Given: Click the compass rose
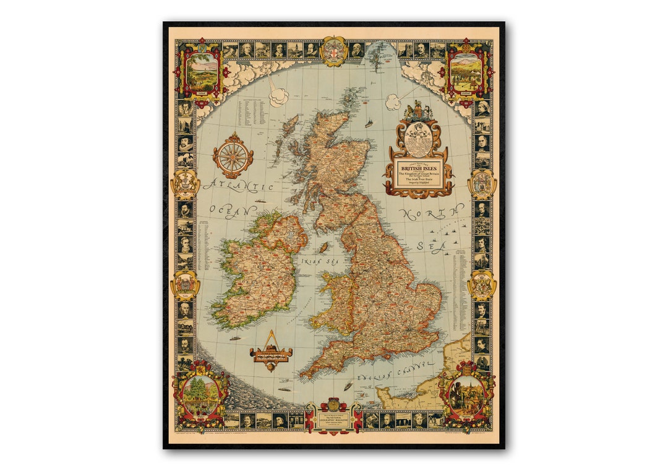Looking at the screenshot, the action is pos(233,155).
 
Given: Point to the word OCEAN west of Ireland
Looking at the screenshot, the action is pos(224,210).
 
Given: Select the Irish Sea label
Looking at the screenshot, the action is pos(314,261).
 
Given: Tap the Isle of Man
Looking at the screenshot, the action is pos(322,248).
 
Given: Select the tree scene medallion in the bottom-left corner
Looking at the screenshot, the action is pos(200,394).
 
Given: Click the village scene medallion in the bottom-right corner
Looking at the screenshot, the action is pos(466,395).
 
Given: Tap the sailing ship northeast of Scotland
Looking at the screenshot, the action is pos(369,123).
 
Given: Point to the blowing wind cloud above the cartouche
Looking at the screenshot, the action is pos(393,102).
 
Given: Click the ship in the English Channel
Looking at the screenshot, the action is pos(348,386).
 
